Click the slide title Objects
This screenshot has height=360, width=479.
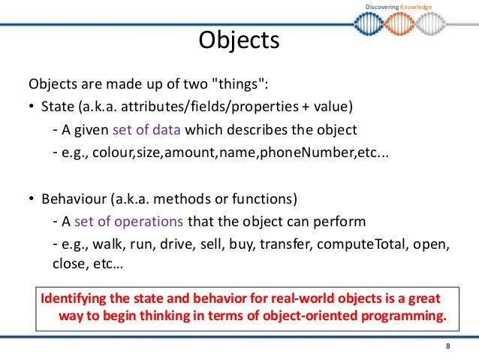[x=239, y=41]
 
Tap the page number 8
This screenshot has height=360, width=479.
[x=448, y=346]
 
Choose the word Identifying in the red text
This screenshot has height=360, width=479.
[x=76, y=295]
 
